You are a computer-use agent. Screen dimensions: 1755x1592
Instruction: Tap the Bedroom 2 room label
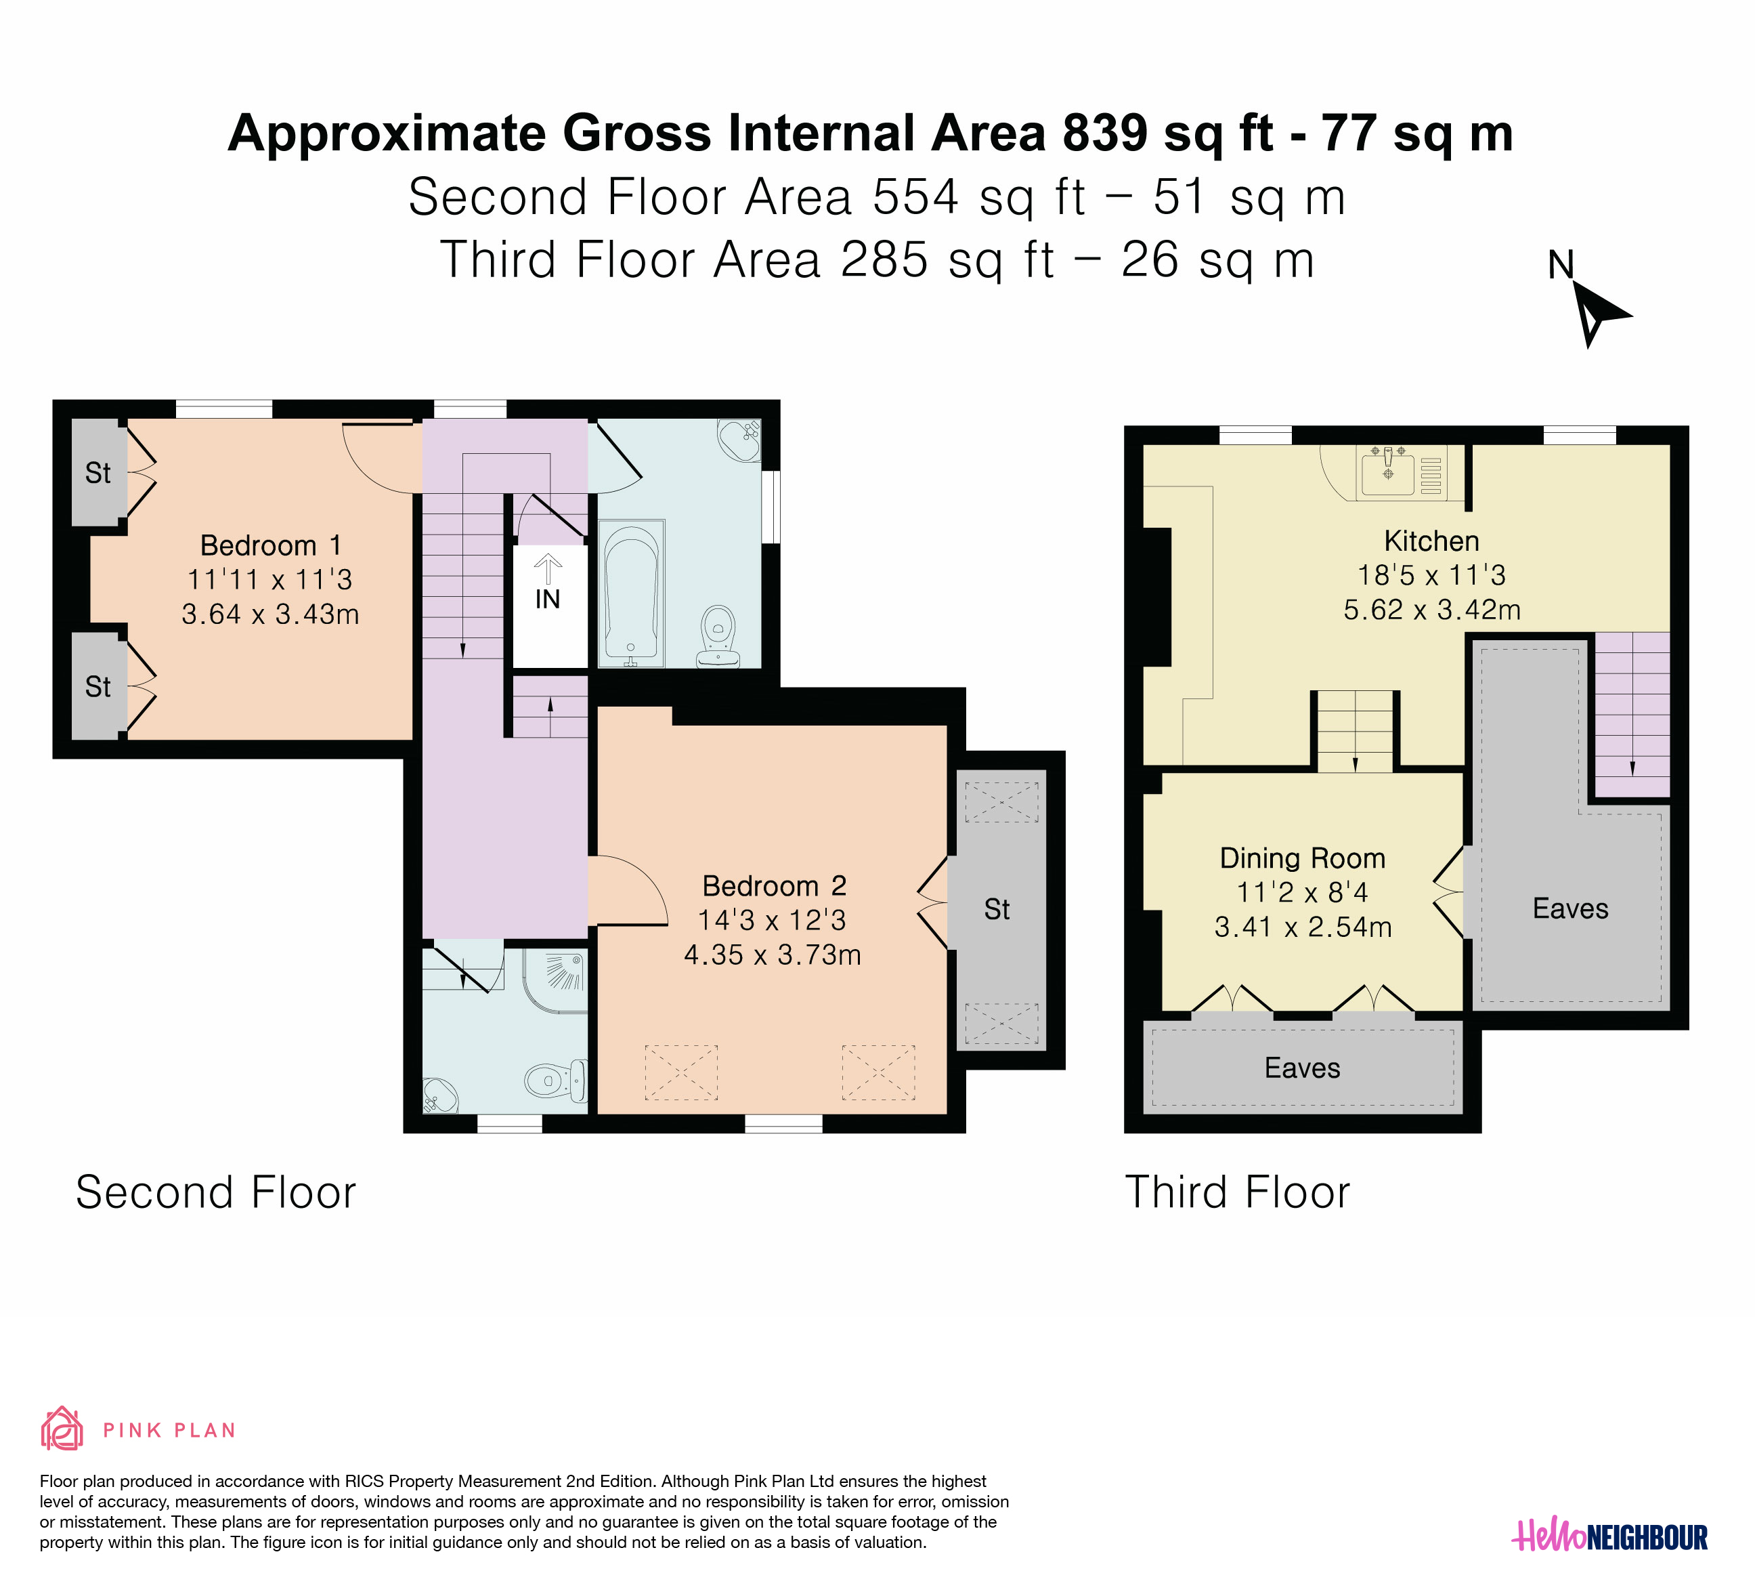(774, 887)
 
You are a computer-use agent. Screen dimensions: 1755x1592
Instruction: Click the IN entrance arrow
(548, 570)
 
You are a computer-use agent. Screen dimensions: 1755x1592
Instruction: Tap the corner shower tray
(555, 981)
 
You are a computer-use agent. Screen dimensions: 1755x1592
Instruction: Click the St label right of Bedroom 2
(997, 910)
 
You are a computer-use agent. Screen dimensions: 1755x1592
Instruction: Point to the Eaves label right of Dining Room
(1570, 909)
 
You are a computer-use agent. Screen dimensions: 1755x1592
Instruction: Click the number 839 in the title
(1104, 133)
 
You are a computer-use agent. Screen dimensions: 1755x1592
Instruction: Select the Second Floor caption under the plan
(216, 1192)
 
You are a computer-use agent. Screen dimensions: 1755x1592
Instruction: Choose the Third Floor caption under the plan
(1237, 1192)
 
